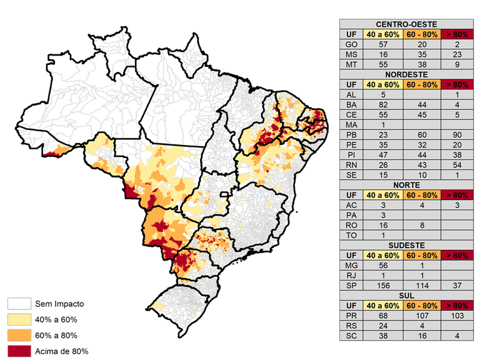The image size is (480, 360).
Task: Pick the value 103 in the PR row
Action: pos(458,315)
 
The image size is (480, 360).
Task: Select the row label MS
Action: pos(352,54)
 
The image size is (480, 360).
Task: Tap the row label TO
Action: pos(352,235)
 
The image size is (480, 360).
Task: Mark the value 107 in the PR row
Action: pos(422,315)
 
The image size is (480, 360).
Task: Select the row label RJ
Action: pos(352,275)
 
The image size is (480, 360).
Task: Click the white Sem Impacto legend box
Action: pos(18,304)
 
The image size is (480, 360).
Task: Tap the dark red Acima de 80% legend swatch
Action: pos(18,351)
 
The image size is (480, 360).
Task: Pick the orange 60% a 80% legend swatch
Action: pos(18,336)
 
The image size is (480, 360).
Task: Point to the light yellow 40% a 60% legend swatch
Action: pos(18,320)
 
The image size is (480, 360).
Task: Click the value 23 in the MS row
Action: pos(458,54)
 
